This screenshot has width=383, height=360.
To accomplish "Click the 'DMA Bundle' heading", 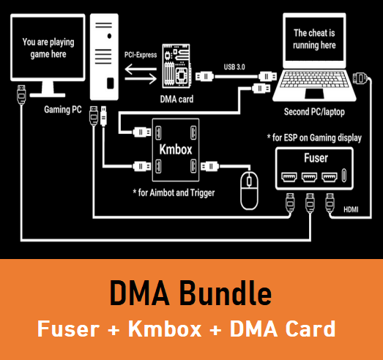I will [190, 294].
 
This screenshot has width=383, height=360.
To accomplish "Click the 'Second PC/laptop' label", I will [316, 112].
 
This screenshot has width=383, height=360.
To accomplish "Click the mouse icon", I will [250, 192].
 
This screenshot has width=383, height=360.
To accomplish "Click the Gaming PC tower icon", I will [105, 55].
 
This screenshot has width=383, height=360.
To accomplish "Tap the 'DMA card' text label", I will [175, 100].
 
